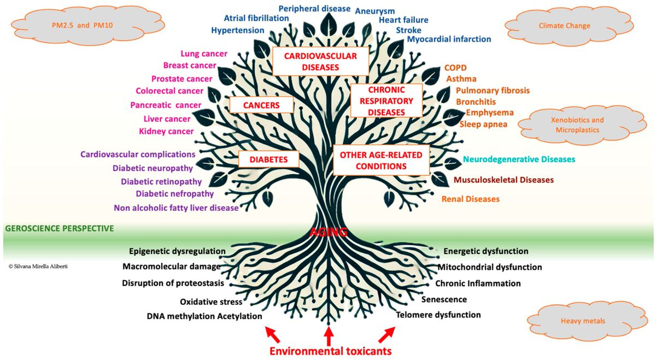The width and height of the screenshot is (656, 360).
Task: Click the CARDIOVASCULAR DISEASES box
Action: [x=320, y=61]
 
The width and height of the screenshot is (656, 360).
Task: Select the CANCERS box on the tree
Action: [x=261, y=105]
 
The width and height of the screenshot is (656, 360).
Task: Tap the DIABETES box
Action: [x=268, y=159]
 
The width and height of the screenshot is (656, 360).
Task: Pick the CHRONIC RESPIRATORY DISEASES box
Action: [x=386, y=101]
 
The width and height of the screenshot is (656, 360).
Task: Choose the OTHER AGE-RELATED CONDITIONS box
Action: [x=381, y=160]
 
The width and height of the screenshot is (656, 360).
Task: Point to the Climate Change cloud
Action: [x=569, y=26]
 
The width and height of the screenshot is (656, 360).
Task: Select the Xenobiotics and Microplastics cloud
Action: [x=582, y=125]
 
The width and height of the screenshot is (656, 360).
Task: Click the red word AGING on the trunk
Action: [x=329, y=232]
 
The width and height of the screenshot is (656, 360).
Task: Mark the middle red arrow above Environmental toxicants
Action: [x=329, y=336]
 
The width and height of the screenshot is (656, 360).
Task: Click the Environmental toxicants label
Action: [x=330, y=351]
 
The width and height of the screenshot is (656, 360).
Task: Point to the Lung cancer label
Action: [x=204, y=54]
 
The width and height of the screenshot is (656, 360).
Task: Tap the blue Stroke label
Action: [x=408, y=30]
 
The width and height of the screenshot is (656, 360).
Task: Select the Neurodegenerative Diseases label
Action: [x=519, y=159]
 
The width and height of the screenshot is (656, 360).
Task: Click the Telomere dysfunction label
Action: [x=438, y=315]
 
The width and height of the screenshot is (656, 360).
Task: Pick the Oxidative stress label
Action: [x=211, y=302]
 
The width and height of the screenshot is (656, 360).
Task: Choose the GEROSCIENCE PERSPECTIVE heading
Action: [x=60, y=228]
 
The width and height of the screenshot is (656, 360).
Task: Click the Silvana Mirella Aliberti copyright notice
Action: [x=38, y=267]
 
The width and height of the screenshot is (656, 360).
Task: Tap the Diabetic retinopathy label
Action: [x=161, y=182]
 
